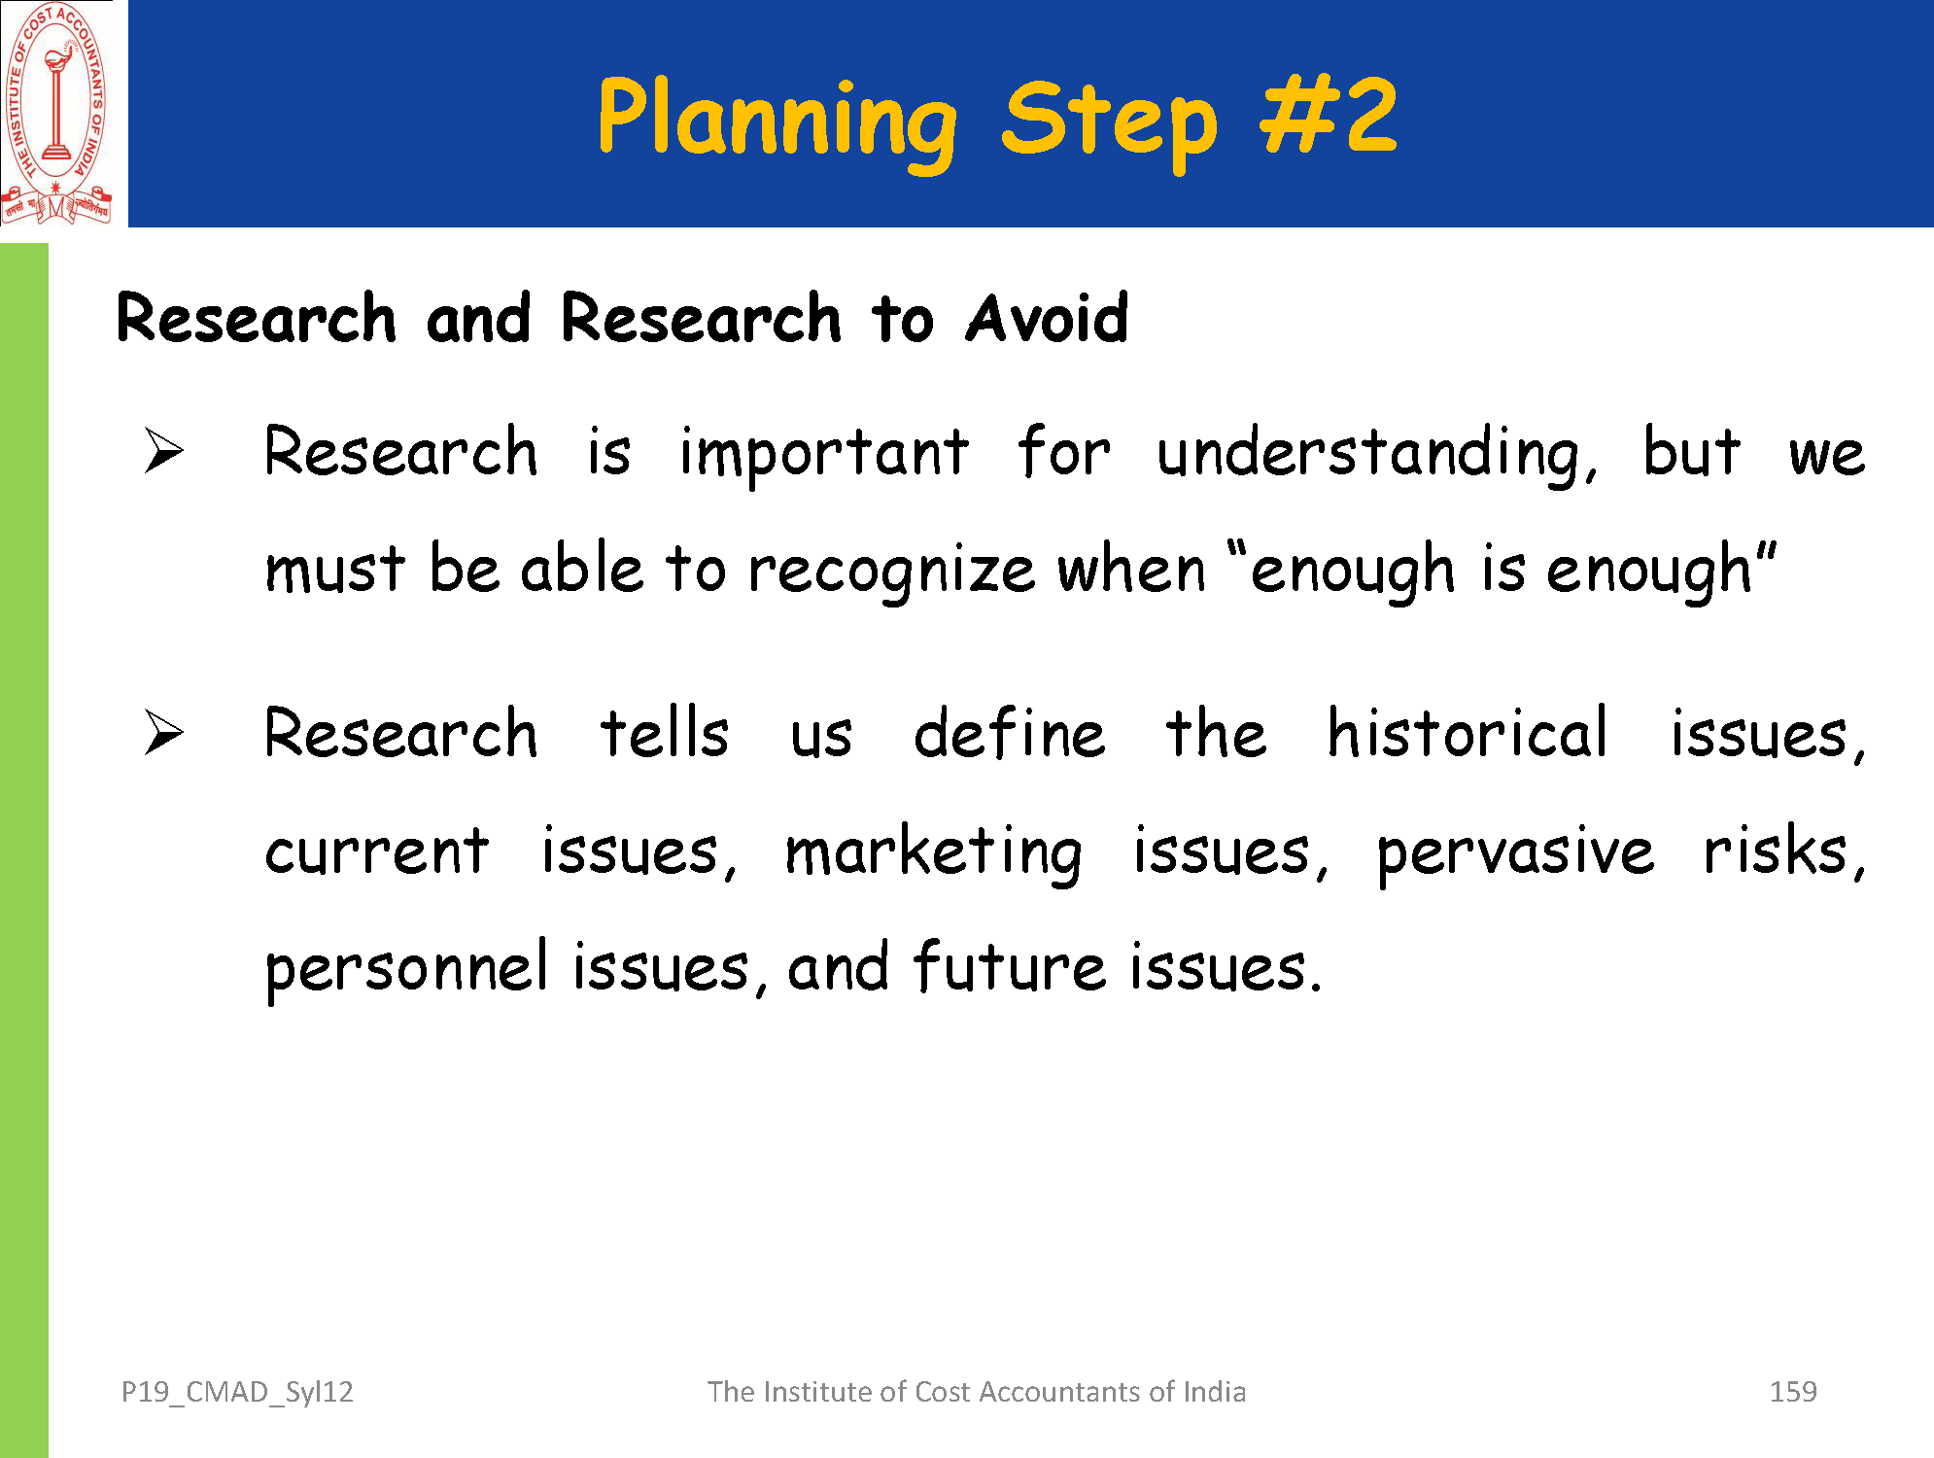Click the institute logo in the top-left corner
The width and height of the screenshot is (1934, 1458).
[x=56, y=114]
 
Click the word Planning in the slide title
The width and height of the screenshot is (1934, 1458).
[x=777, y=121]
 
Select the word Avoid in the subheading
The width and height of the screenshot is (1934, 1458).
[x=1047, y=318]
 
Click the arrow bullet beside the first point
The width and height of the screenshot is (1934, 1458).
[x=163, y=451]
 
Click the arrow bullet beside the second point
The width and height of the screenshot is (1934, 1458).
[x=163, y=732]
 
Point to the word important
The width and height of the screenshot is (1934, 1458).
[x=823, y=455]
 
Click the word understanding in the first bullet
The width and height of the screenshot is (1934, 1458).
[x=1377, y=455]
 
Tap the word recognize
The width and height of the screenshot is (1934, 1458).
[x=891, y=572]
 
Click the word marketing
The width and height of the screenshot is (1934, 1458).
[x=933, y=853]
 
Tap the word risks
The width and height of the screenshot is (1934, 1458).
[x=1784, y=850]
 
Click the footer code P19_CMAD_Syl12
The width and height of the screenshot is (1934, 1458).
[x=237, y=1392]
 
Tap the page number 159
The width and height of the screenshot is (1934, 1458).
[x=1793, y=1392]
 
